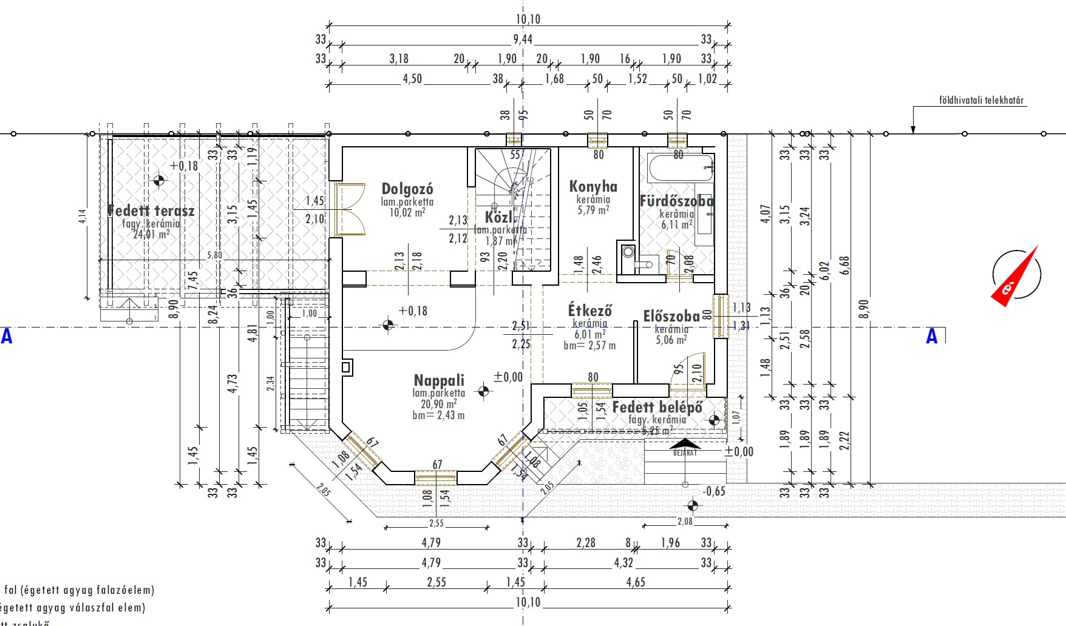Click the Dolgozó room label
[407, 189]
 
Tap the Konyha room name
[593, 187]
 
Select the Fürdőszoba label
[676, 201]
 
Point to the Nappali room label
[439, 380]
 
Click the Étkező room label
[589, 311]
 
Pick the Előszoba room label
[671, 316]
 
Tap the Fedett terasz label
[151, 211]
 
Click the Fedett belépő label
[657, 407]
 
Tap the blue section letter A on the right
[931, 336]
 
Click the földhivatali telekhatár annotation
[981, 101]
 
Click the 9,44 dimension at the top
[522, 39]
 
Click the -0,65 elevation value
[714, 491]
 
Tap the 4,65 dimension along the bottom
[636, 582]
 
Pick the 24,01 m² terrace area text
[151, 234]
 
